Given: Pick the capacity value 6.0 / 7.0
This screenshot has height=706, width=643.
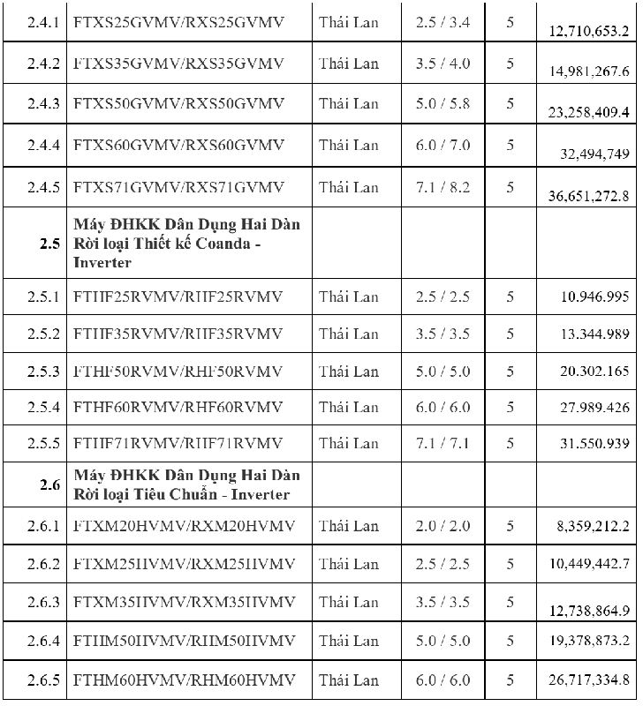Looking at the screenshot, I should [443, 145].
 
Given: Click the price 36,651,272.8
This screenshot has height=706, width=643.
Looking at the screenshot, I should [588, 196].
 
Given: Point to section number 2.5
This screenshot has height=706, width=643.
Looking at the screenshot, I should [49, 244].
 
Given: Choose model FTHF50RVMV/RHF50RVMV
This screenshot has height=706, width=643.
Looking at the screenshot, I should [178, 372].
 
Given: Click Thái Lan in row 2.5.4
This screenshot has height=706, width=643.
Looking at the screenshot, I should [349, 407].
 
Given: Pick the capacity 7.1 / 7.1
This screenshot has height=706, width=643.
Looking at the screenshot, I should [443, 443].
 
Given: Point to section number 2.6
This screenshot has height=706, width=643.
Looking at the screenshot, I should [49, 484].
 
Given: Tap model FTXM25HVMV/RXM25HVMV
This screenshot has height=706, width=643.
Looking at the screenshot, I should [185, 564].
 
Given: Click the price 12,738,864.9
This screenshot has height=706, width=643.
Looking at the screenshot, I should [588, 611].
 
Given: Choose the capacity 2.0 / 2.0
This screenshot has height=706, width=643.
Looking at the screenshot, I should [443, 527].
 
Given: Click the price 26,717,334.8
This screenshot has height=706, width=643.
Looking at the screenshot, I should [588, 680].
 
